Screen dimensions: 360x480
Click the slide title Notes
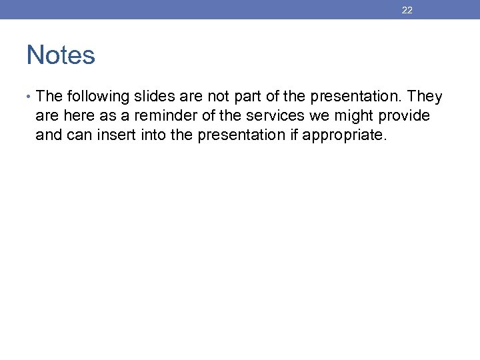[61, 55]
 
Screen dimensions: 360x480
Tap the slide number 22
[407, 10]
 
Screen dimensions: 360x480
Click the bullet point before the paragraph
[30, 97]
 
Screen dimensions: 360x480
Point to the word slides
[156, 97]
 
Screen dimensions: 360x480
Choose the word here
[78, 116]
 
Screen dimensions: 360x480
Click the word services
[275, 116]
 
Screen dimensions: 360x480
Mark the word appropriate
[343, 135]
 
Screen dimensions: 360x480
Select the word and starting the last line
[48, 135]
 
